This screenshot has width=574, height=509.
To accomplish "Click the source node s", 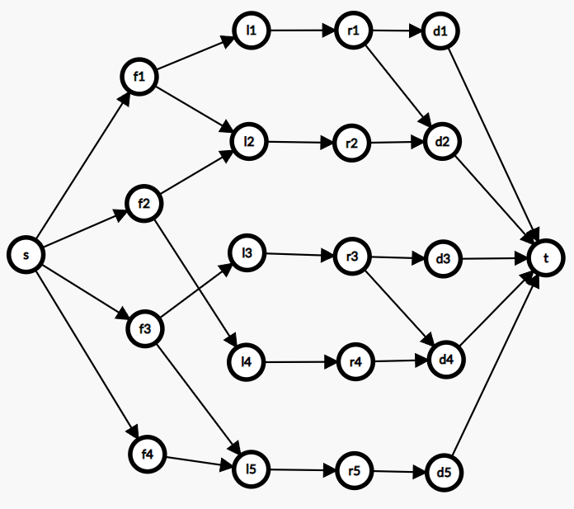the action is click(26, 255).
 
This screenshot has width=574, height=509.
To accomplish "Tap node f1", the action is click(139, 77).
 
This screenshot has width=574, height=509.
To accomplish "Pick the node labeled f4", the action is click(148, 453).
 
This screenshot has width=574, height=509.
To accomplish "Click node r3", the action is click(352, 257).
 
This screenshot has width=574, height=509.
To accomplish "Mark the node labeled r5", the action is click(354, 471).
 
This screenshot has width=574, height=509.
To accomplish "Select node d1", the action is click(440, 32).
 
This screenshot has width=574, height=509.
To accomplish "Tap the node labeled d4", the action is click(446, 360).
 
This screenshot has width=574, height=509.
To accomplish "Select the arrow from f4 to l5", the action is click(198, 462).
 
